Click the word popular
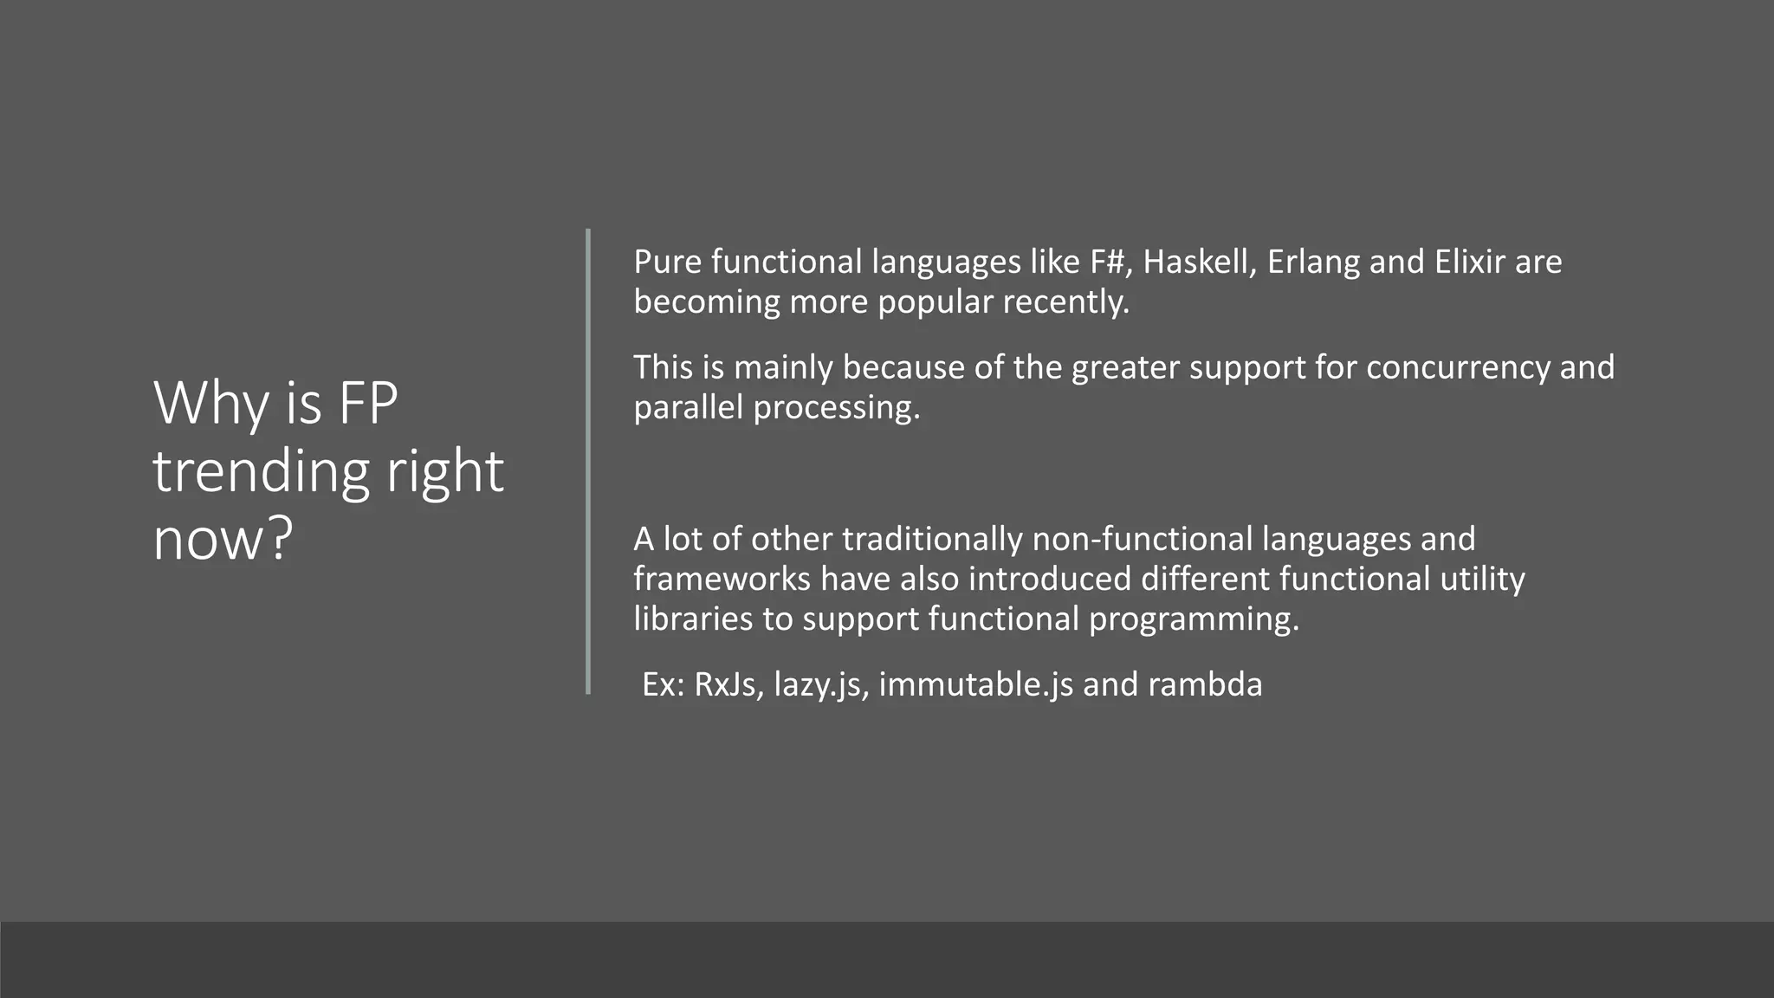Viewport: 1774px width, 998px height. pyautogui.click(x=936, y=302)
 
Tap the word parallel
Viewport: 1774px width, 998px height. pyautogui.click(x=688, y=407)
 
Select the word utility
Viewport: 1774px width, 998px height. pyautogui.click(x=1482, y=579)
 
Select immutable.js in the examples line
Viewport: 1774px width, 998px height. pyautogui.click(x=975, y=685)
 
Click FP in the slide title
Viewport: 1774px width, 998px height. pyautogui.click(x=367, y=403)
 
